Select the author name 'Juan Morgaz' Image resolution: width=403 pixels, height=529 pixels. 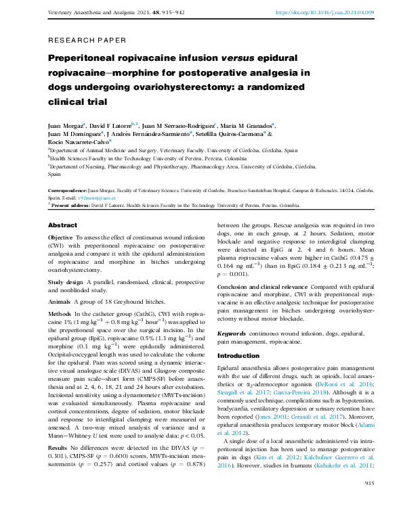tap(65, 126)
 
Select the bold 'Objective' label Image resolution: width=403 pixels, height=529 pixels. tap(61, 238)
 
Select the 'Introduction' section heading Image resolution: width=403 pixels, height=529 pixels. tap(238, 356)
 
